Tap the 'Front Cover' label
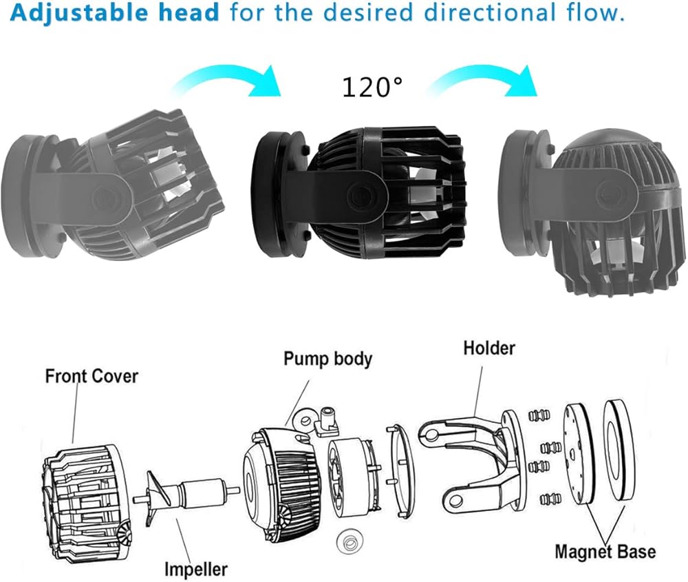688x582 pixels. [92, 376]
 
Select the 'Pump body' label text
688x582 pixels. [327, 359]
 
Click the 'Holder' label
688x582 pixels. [488, 348]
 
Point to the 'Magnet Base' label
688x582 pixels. [605, 552]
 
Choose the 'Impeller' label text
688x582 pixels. [195, 568]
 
